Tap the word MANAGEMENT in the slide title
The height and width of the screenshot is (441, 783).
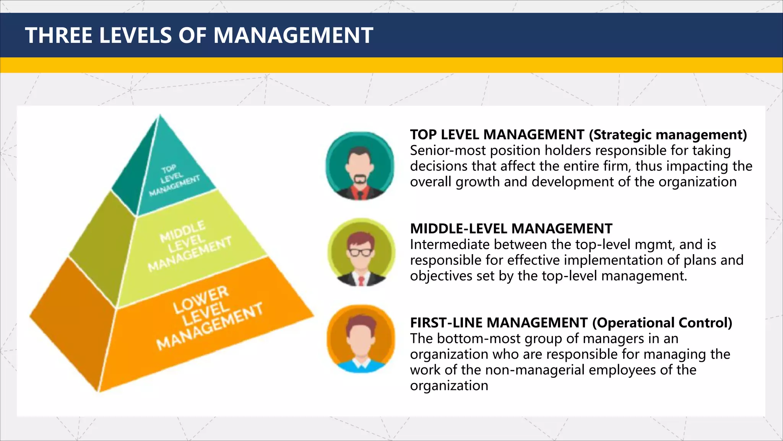pos(293,35)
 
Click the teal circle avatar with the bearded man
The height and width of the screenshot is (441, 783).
pos(360,166)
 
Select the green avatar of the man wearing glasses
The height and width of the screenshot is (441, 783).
pos(361,253)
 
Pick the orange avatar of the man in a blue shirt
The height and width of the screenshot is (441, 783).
pos(361,339)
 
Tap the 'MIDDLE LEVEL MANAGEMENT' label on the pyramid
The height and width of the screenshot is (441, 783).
pos(189,246)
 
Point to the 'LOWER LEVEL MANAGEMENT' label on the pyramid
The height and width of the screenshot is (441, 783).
pos(208,317)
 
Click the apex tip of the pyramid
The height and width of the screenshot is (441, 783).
pos(160,115)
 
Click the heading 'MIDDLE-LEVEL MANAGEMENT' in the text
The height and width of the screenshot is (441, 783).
pos(511,229)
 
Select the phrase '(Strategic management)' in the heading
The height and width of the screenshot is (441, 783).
pos(668,134)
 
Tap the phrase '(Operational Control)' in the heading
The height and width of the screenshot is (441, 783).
pos(662,323)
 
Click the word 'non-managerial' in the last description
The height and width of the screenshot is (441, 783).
pos(550,370)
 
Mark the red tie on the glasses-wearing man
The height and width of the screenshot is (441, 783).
pos(361,281)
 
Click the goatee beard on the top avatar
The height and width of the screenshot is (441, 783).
pos(359,179)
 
